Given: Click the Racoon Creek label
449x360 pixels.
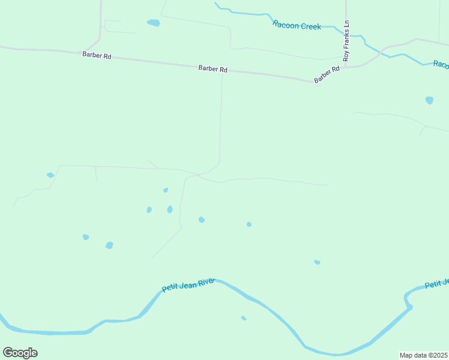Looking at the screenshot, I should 297,25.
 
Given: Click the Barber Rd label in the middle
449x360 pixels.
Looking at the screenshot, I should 213,69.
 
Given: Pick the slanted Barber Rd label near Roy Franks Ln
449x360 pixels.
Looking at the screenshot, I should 327,74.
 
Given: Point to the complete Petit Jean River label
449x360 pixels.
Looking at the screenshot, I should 189,284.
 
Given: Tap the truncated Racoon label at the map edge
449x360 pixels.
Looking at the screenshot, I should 441,64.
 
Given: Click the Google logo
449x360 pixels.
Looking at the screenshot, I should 20,353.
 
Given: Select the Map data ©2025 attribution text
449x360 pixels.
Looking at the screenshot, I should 424,355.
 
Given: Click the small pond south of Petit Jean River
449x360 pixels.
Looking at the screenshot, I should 243,318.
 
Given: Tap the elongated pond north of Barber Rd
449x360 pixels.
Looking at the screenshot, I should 154,23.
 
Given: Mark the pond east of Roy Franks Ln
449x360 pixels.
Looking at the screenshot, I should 429,100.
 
